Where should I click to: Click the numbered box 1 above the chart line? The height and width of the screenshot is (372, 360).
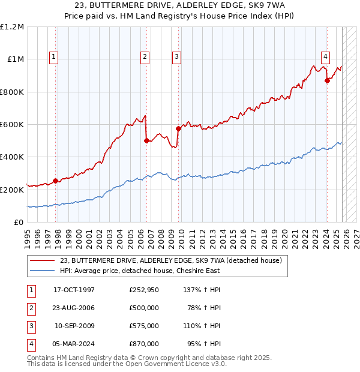tap(53, 57)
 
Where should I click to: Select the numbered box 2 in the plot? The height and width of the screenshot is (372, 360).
tap(145, 57)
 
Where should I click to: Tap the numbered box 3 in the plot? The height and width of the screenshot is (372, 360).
tap(177, 57)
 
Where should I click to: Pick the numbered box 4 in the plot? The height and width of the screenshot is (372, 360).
tap(325, 57)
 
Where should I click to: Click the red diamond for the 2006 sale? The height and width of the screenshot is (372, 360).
tap(146, 141)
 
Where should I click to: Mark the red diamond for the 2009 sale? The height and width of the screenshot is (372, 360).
tap(178, 128)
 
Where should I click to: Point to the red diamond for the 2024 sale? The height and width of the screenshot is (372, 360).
tap(327, 81)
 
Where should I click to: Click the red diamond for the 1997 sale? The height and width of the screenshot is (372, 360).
tap(55, 181)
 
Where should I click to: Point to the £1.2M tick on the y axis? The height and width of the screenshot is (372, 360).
tap(13, 27)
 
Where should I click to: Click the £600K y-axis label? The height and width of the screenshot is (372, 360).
tap(13, 125)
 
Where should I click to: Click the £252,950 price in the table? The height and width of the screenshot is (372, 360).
tap(143, 290)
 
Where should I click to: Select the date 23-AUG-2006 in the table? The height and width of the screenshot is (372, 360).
tap(74, 308)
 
